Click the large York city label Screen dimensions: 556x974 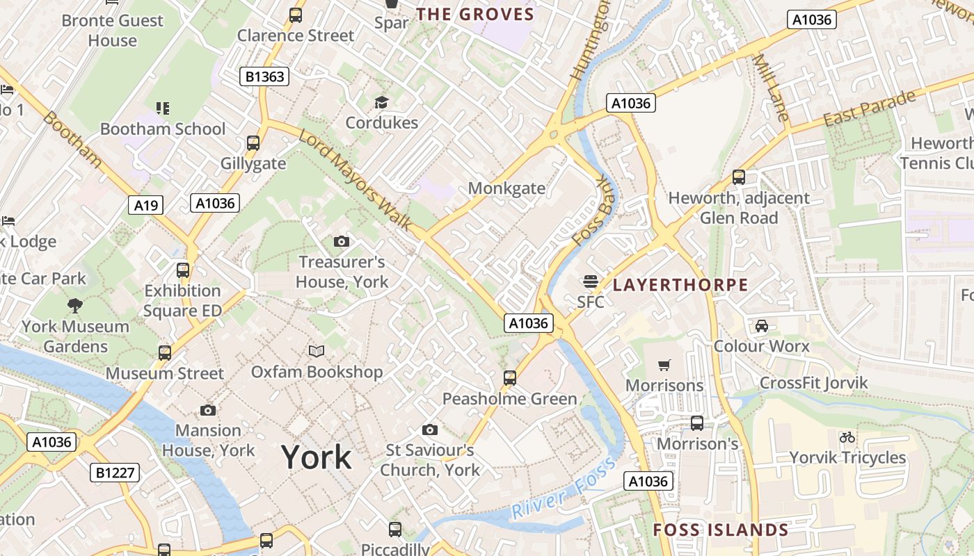[x=317, y=457]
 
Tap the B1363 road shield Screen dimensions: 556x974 [x=265, y=76]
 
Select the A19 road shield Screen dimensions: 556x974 [x=146, y=205]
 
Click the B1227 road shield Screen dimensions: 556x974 [x=115, y=473]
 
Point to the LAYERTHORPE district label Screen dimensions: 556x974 [x=680, y=285]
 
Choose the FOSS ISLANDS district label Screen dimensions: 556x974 [x=721, y=530]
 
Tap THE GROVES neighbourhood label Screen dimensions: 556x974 [x=475, y=15]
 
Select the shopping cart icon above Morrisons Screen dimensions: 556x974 [x=664, y=365]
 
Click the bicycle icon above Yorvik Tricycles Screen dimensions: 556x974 [x=847, y=437]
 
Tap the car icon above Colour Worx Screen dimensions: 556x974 [x=762, y=325]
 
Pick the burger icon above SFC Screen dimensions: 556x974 [x=590, y=281]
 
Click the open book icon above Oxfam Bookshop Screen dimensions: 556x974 [x=317, y=351]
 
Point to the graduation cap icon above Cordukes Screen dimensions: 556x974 [x=381, y=103]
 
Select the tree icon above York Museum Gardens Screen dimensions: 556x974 [x=74, y=305]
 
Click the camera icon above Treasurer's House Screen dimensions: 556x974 [x=341, y=241]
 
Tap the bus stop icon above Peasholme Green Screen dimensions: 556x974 [x=510, y=378]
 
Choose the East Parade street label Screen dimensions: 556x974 [x=870, y=109]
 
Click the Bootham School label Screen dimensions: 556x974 [x=163, y=129]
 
